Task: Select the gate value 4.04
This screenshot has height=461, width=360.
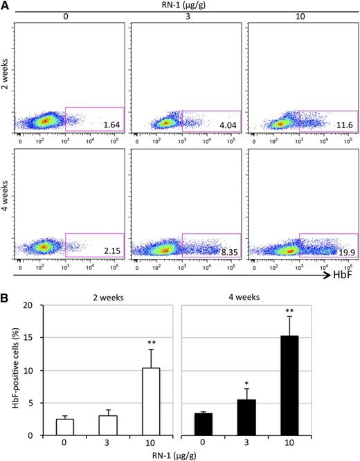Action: click(226, 125)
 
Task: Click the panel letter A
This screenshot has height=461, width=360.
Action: click(6, 6)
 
